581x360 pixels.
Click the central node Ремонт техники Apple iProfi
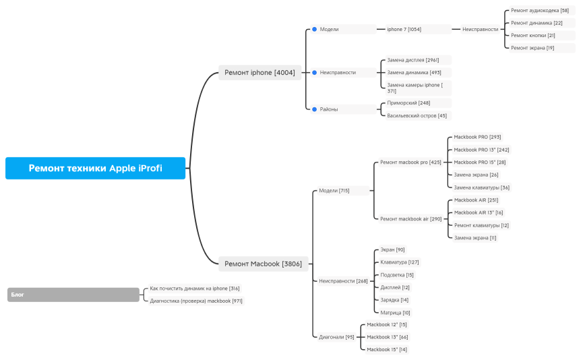tap(95, 168)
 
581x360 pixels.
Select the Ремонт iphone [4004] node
tap(259, 73)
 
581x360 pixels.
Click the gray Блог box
tap(73, 295)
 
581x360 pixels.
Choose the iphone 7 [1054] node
tap(404, 30)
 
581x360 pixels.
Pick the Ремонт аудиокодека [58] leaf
tap(539, 11)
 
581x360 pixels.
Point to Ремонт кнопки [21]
tap(533, 36)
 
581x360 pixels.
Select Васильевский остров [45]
tap(417, 115)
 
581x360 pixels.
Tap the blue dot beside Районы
tap(314, 109)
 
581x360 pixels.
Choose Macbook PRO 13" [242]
tap(481, 150)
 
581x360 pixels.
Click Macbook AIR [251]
tap(476, 200)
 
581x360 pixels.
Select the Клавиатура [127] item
tap(400, 262)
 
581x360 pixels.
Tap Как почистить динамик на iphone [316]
tap(194, 289)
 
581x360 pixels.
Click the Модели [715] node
tap(334, 191)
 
